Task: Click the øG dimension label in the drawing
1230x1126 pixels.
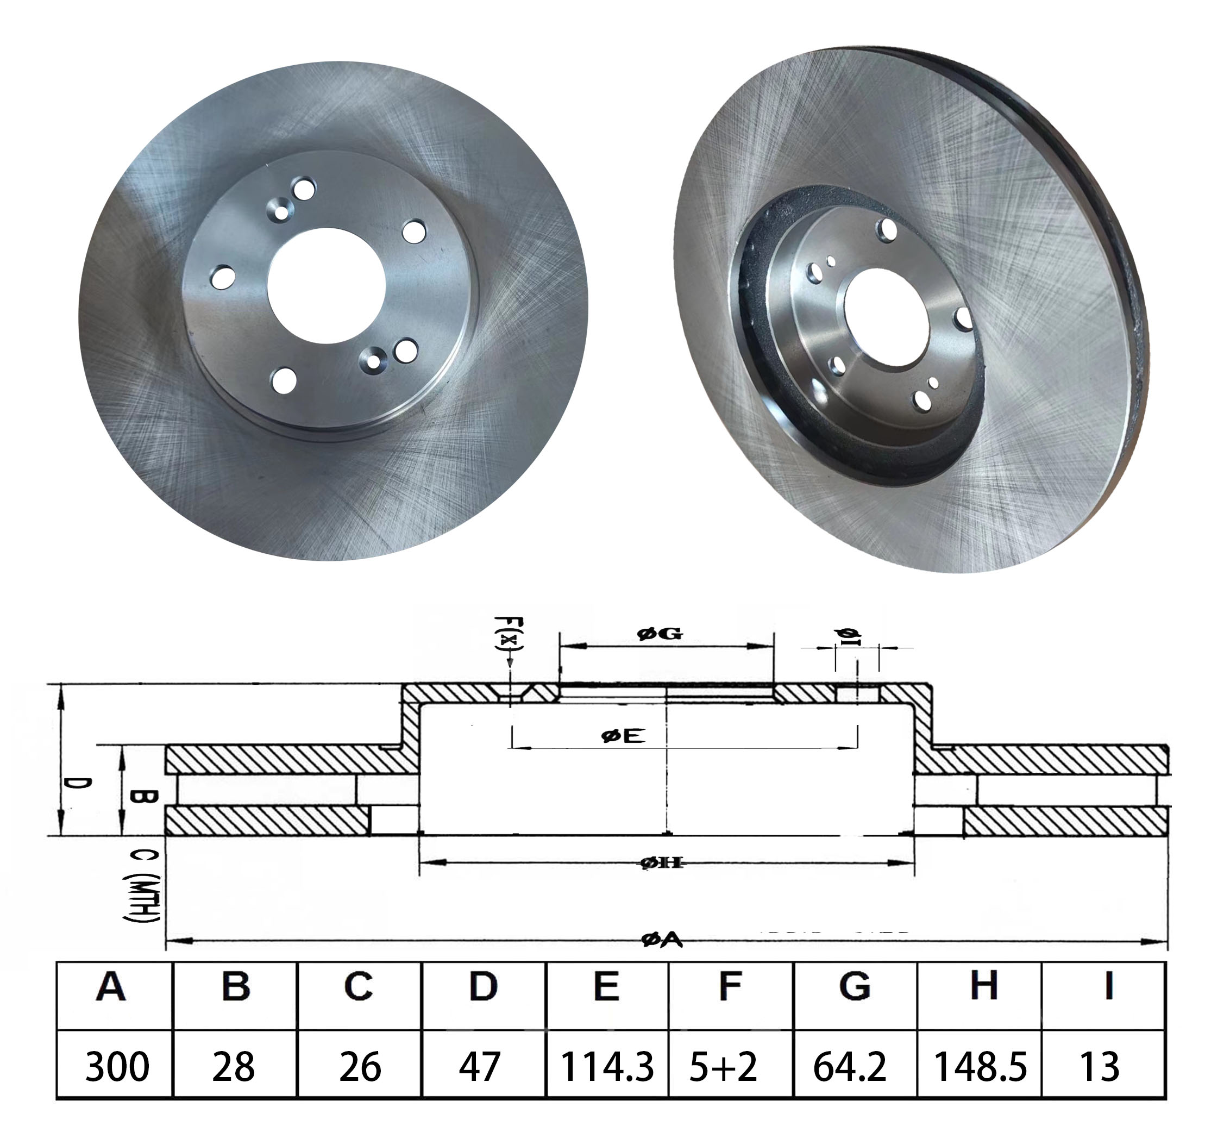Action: [660, 634]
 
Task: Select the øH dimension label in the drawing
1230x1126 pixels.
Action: [663, 863]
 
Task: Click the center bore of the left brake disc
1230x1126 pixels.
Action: [327, 286]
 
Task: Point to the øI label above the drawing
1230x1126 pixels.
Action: [849, 637]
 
